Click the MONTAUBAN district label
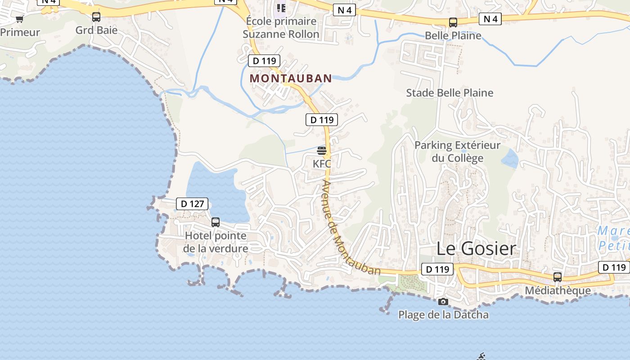coord(291,78)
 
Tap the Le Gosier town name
coord(476,248)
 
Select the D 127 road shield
coord(192,204)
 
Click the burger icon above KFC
coord(322,150)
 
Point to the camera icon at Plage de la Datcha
coord(443,301)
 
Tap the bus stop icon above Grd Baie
coord(96,17)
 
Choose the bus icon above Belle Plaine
coord(453,22)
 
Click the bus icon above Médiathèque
coord(558,277)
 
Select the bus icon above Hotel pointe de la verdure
coord(216,222)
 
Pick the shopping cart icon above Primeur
coord(19,19)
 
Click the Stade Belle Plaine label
coord(450,93)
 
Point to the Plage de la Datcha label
coord(443,315)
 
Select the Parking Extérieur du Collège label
coord(457,152)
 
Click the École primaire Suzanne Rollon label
coord(281,27)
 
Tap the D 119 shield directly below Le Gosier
coord(437,270)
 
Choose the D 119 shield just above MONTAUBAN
coord(264,61)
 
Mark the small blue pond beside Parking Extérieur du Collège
coord(509,158)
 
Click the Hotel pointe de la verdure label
coord(216,242)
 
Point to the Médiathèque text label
coord(558,291)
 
